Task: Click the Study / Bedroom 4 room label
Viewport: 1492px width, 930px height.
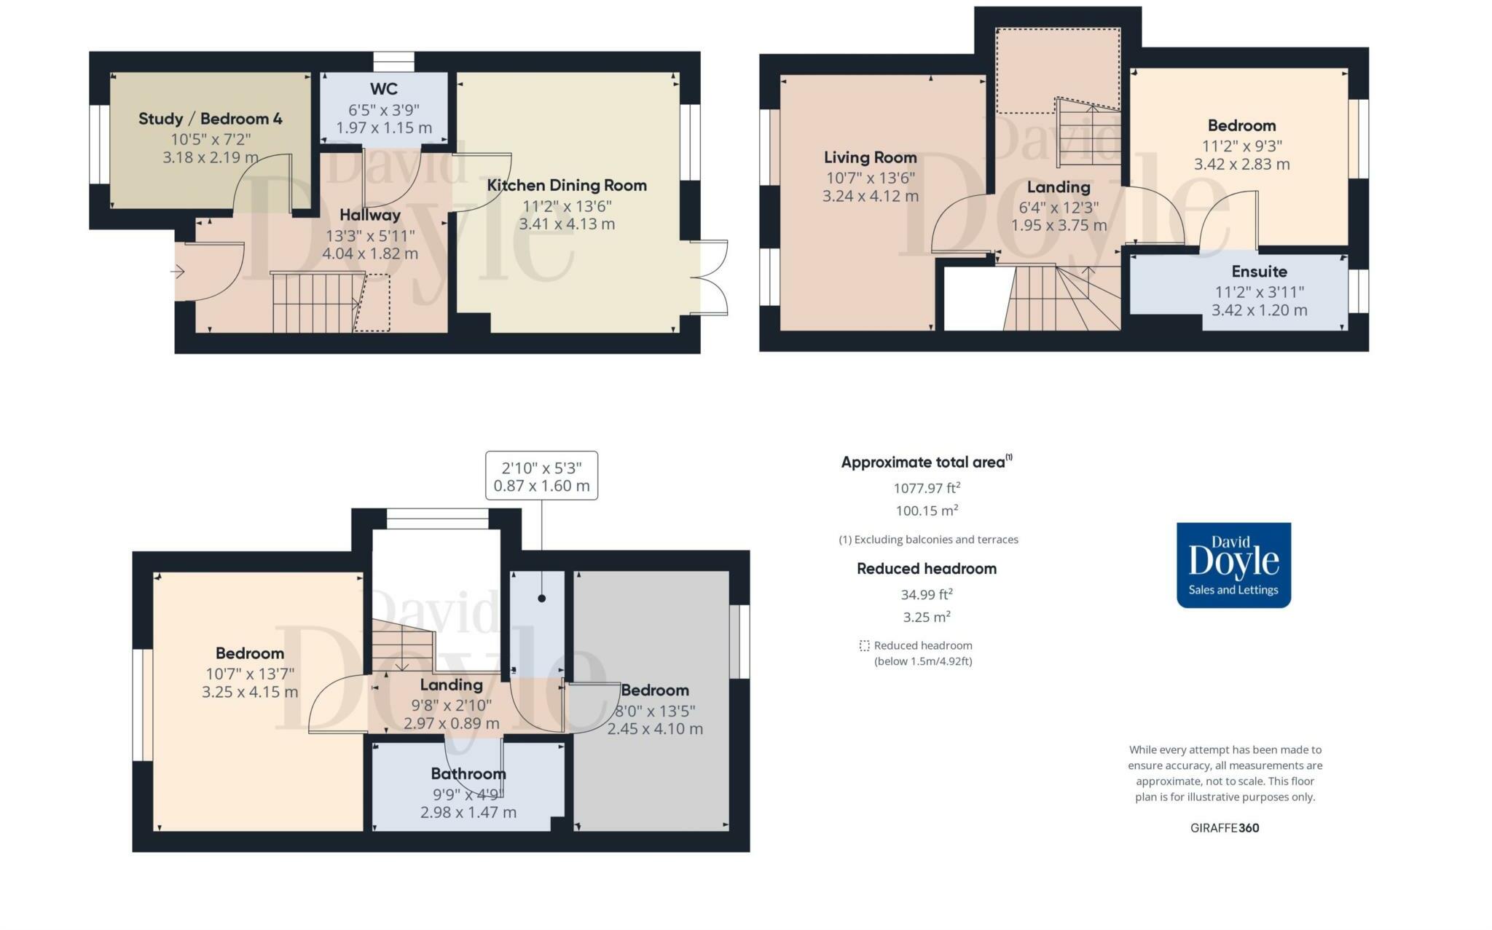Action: (211, 119)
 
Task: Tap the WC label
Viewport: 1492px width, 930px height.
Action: (384, 89)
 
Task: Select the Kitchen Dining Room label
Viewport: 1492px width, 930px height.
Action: (567, 185)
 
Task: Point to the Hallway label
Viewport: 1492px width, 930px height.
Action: (370, 216)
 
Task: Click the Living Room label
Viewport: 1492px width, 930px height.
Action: (871, 157)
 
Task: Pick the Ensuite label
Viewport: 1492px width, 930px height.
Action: (1260, 272)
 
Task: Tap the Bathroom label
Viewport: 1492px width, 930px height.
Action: (468, 773)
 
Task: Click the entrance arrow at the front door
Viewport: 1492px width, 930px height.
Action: (178, 272)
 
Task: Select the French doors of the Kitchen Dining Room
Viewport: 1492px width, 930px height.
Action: (709, 277)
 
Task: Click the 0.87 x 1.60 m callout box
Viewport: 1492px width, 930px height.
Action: (542, 476)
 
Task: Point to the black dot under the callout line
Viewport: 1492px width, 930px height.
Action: (542, 599)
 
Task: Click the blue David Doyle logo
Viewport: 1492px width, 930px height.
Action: (1234, 565)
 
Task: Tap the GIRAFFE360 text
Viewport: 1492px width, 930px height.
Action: (1225, 828)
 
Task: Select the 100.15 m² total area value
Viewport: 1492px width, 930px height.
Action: (927, 511)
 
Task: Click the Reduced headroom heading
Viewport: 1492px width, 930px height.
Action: (927, 569)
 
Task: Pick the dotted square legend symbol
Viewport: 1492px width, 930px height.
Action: (865, 646)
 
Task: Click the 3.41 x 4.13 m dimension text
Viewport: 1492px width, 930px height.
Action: (567, 224)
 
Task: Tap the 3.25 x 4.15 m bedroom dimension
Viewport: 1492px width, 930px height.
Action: (250, 692)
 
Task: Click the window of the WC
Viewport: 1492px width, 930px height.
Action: (394, 62)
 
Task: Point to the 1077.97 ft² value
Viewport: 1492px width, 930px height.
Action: (927, 488)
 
